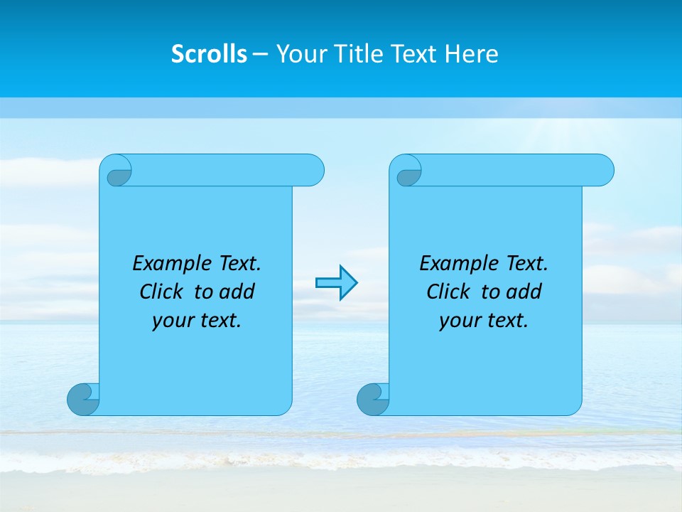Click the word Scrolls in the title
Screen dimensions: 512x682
coord(209,54)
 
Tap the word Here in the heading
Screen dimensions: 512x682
coord(471,54)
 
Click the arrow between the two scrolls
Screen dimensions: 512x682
coord(336,283)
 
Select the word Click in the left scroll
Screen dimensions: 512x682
coord(161,292)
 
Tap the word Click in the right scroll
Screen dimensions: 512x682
coord(448,292)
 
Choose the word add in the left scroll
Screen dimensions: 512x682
coord(237,292)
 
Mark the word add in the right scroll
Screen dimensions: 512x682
coord(524,292)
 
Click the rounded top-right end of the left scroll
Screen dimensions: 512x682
coord(313,170)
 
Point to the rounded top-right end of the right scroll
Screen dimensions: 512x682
coord(602,170)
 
